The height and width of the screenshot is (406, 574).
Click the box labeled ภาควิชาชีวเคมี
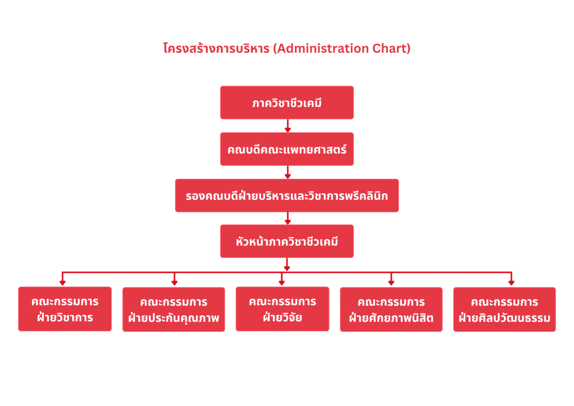pos(286,103)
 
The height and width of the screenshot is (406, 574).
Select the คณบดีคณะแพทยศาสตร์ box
pos(286,149)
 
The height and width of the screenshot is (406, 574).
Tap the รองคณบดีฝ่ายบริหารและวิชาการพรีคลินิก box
pos(286,196)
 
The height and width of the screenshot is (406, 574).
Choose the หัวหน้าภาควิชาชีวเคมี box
pos(286,241)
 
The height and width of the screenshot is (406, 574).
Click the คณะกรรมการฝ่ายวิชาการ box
pos(65,309)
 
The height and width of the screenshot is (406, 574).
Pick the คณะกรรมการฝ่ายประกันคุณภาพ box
pos(174,310)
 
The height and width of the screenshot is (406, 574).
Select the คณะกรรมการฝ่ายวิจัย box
pos(283,309)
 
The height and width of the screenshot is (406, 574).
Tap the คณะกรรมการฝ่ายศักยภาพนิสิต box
pos(391,310)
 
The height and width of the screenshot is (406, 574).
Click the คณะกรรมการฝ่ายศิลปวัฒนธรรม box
pos(504,310)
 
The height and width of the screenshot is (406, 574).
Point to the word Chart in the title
pos(391,48)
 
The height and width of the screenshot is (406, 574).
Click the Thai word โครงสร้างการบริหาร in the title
pos(216,48)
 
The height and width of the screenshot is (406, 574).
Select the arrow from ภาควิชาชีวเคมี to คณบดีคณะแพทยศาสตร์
pos(288,126)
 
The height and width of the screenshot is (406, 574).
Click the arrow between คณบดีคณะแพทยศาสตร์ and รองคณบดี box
pos(288,172)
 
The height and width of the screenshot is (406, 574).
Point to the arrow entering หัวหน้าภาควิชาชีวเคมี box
pos(288,218)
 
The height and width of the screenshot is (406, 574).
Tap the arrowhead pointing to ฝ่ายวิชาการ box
pos(63,283)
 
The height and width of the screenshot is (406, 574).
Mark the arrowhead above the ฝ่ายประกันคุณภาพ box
pos(174,283)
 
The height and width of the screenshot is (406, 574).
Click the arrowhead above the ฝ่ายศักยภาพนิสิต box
pos(391,283)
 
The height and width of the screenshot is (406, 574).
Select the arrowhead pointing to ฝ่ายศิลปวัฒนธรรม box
pos(511,283)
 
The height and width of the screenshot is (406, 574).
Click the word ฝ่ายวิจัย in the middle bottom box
pos(283,317)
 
